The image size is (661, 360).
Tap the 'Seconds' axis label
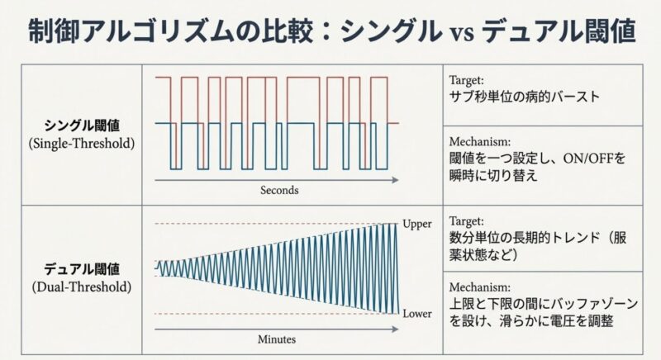(278, 190)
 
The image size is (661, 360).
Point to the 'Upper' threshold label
(417, 223)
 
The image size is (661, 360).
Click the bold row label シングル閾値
(82, 126)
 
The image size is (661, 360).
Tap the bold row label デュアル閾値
(82, 268)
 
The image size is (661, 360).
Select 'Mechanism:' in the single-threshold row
(478, 140)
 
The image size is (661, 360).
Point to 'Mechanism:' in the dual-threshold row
(478, 287)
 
